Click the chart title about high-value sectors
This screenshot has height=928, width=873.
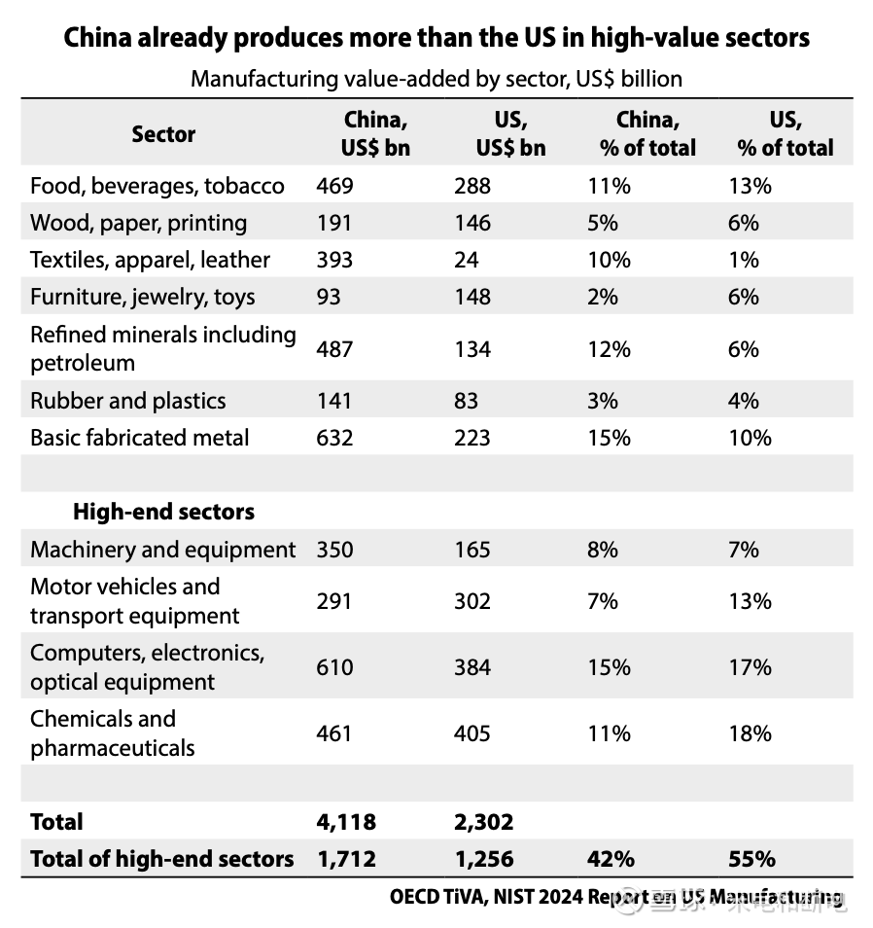(436, 38)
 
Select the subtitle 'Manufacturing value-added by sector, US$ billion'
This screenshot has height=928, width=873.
(436, 79)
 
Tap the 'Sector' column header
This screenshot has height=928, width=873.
(163, 134)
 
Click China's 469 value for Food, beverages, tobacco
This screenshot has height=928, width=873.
(334, 186)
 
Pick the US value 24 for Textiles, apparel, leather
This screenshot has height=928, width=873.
(467, 260)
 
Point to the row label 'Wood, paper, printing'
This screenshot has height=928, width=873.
(139, 223)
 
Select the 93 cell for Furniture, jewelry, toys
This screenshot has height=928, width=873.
(329, 297)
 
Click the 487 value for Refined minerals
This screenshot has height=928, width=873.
(334, 349)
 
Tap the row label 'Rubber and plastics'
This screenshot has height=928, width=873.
(128, 401)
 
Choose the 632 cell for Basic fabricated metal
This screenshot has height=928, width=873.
(334, 438)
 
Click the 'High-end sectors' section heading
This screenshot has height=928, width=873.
(164, 512)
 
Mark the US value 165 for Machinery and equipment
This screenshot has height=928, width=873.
(472, 550)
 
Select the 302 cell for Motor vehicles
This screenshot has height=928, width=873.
(472, 601)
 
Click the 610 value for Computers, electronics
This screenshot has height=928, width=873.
(334, 667)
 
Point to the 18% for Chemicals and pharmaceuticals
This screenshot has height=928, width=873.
(750, 733)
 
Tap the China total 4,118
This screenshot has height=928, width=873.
(345, 822)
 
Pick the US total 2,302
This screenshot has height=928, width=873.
(483, 822)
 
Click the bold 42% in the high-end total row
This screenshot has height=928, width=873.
(611, 859)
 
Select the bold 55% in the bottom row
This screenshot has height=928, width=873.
(751, 859)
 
